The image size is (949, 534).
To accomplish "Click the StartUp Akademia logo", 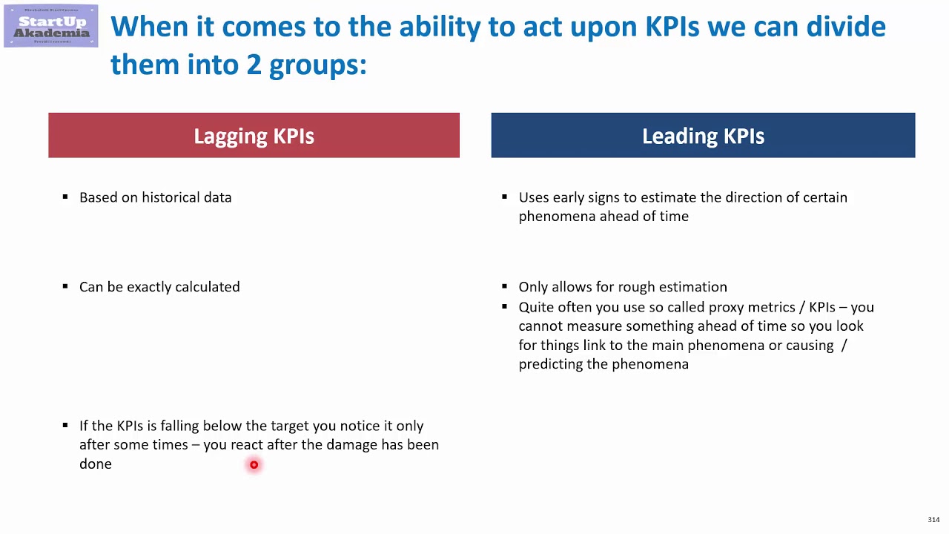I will tap(50, 26).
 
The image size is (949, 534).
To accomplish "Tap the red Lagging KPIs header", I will tap(254, 136).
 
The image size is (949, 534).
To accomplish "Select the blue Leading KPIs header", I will tap(703, 136).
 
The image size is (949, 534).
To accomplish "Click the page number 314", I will tap(933, 520).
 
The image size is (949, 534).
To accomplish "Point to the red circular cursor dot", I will tap(254, 465).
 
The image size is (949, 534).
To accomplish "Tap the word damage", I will tap(351, 445).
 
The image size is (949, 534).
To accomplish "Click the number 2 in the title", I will tap(254, 65).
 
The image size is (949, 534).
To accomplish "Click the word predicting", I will tap(550, 364).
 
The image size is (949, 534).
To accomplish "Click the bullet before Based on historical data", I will tap(65, 197).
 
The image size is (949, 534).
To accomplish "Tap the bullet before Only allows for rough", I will tap(505, 286).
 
